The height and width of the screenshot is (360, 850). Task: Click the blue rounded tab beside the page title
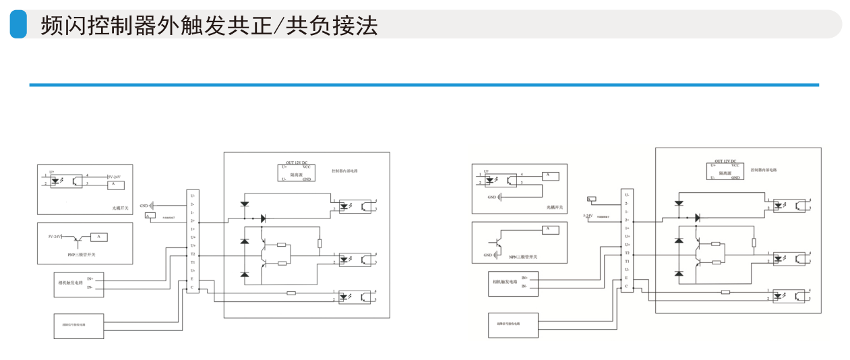[18, 24]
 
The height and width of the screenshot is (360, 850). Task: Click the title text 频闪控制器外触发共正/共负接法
[209, 25]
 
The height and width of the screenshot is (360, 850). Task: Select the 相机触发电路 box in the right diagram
[510, 282]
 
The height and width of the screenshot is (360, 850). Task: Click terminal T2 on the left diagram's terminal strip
[192, 253]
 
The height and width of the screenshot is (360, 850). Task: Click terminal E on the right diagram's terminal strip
[627, 278]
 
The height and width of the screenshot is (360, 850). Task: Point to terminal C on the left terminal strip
[192, 287]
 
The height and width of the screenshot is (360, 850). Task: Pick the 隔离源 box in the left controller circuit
[297, 173]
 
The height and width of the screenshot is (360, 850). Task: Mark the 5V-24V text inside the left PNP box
[55, 237]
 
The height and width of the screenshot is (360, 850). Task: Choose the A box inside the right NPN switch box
[549, 230]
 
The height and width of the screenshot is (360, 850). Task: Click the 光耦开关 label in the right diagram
[554, 208]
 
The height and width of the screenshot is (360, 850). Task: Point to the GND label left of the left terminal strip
[144, 205]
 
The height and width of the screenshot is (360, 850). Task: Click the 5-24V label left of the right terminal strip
[587, 216]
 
